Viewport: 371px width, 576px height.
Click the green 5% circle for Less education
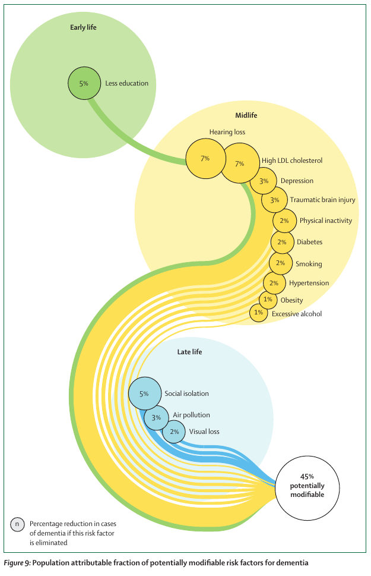click(x=84, y=83)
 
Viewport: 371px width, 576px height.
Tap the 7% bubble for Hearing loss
click(x=205, y=159)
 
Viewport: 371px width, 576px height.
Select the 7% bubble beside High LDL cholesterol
click(x=240, y=163)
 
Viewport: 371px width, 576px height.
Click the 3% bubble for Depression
click(x=264, y=181)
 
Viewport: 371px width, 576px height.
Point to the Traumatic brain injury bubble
click(x=274, y=200)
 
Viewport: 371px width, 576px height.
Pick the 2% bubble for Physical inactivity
click(x=284, y=221)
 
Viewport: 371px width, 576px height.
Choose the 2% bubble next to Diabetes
click(x=282, y=242)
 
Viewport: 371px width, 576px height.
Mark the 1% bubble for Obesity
click(x=268, y=300)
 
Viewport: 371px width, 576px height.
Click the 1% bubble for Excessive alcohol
click(x=258, y=313)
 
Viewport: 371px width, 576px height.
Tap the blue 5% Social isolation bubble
click(x=144, y=394)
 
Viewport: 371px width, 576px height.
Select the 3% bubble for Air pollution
click(x=156, y=418)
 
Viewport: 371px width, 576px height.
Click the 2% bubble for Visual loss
click(x=174, y=432)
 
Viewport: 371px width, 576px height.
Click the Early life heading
click(x=83, y=27)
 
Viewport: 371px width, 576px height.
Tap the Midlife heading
click(x=246, y=115)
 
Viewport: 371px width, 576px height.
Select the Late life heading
click(x=189, y=352)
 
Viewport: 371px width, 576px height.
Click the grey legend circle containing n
click(x=17, y=524)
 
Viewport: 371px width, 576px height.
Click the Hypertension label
click(x=309, y=283)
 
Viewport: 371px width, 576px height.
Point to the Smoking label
click(x=309, y=263)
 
